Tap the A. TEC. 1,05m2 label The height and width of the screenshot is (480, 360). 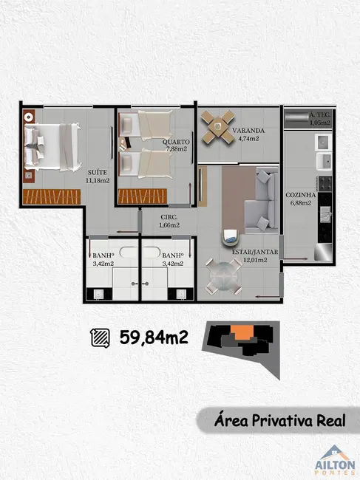coord(320,117)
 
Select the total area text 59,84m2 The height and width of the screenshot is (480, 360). coord(154,338)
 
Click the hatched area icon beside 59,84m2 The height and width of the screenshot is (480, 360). coord(99,338)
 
